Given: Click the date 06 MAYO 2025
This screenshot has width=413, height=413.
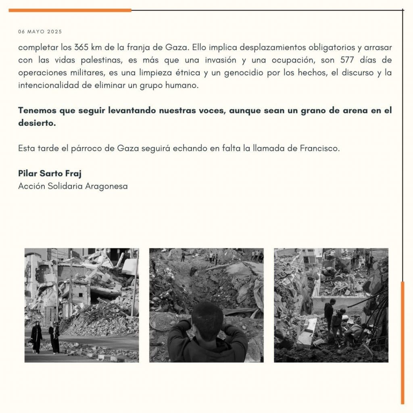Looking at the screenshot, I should [x=40, y=31].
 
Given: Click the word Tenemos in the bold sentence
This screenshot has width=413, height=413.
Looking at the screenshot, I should [x=37, y=111].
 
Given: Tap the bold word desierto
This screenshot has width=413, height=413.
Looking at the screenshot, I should [x=37, y=123].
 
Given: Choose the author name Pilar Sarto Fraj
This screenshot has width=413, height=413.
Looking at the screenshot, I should [x=50, y=173].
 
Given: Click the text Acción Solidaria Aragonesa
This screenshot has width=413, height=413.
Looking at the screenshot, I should [x=73, y=186].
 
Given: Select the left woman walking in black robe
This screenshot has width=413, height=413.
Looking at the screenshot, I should [x=36, y=337].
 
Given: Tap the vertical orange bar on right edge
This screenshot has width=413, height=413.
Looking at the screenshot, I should [x=402, y=343].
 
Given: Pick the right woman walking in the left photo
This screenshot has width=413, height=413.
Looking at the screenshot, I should [x=54, y=337].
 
